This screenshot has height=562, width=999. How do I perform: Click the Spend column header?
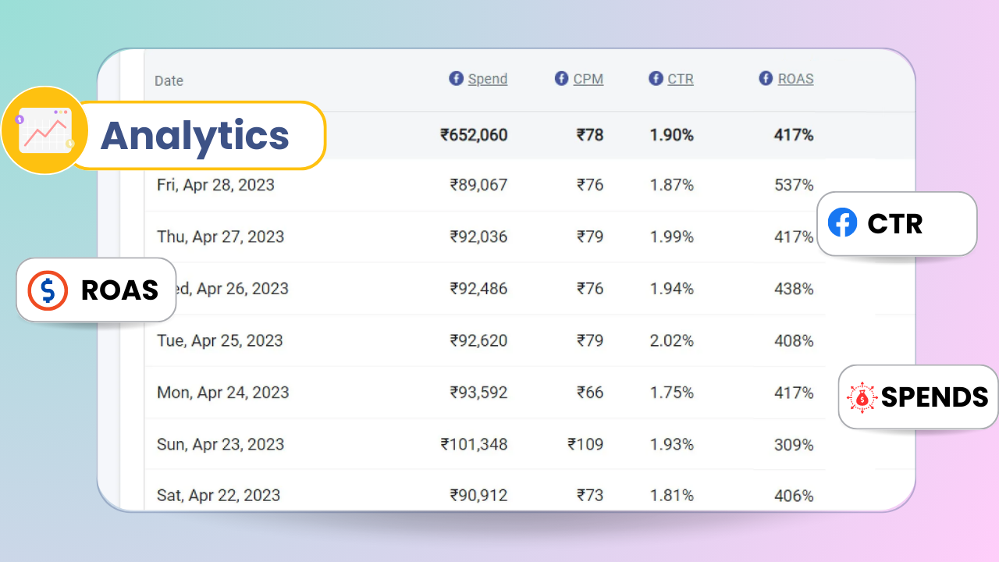487,79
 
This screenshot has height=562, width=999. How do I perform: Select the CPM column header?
588,79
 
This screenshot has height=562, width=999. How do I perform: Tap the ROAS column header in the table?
795,79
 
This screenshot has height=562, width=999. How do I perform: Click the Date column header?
169,80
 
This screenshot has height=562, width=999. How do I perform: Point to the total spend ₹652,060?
474,135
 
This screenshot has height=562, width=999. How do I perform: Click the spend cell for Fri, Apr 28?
478,185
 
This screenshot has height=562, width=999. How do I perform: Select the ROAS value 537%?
794,185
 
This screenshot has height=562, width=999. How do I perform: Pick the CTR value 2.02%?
671,340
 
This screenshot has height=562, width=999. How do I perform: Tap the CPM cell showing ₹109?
585,444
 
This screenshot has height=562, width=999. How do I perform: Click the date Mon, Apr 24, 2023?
222,393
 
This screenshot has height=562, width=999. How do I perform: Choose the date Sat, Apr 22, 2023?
218,495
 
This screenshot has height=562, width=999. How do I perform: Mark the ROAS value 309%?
794,444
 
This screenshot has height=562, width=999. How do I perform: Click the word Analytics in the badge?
195,136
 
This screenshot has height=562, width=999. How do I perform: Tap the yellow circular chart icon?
44,130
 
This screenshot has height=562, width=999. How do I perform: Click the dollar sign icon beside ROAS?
48,290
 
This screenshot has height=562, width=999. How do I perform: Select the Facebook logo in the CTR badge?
843,223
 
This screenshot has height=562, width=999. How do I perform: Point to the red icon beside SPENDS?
862,397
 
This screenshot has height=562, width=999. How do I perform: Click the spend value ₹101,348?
474,444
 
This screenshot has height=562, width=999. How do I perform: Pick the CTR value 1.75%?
671,393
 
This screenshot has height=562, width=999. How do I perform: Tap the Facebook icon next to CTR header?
656,78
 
